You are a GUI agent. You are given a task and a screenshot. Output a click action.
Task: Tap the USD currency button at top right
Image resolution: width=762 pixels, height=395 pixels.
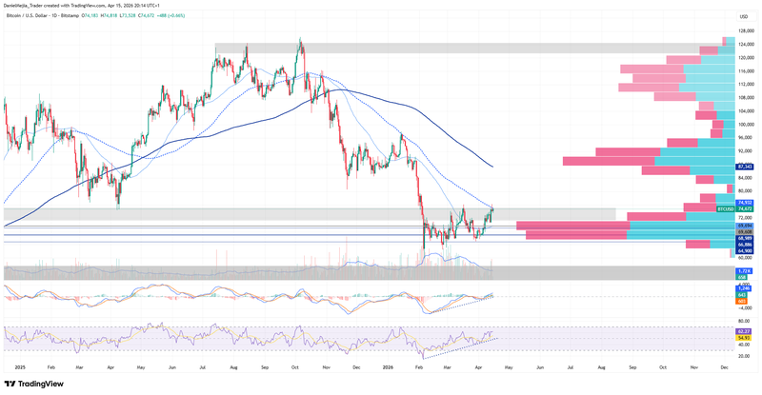point(743,16)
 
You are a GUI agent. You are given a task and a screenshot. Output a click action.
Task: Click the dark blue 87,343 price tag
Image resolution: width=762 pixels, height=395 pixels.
point(745,167)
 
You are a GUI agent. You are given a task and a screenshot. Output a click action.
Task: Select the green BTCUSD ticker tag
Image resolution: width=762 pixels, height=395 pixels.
point(725,208)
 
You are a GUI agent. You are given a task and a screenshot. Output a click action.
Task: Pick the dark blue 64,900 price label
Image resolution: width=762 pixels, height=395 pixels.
point(745,251)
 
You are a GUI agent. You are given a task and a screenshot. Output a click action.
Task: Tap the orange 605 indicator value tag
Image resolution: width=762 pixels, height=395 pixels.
point(742,301)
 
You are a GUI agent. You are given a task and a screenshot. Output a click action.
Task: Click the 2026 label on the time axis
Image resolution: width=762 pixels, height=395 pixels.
point(388,365)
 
